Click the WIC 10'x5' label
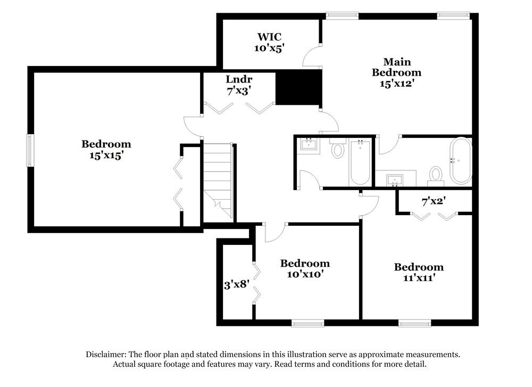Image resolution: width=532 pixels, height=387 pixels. [270, 42]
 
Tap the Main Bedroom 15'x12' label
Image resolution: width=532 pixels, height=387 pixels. [396, 72]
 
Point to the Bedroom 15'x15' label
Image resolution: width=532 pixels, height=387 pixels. [106, 150]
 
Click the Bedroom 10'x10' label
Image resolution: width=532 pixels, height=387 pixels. [305, 269]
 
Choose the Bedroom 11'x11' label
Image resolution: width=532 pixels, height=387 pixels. [418, 273]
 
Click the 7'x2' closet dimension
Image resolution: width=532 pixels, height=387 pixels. [434, 202]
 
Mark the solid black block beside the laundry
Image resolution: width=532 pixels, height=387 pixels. [299, 88]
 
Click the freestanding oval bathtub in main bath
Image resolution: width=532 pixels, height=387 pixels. [461, 160]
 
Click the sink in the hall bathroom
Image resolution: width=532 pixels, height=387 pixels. [308, 144]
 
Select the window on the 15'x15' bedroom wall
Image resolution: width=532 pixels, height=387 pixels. [30, 151]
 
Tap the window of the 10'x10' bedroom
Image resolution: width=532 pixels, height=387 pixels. [307, 323]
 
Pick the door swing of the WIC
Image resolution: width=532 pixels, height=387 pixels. [311, 53]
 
